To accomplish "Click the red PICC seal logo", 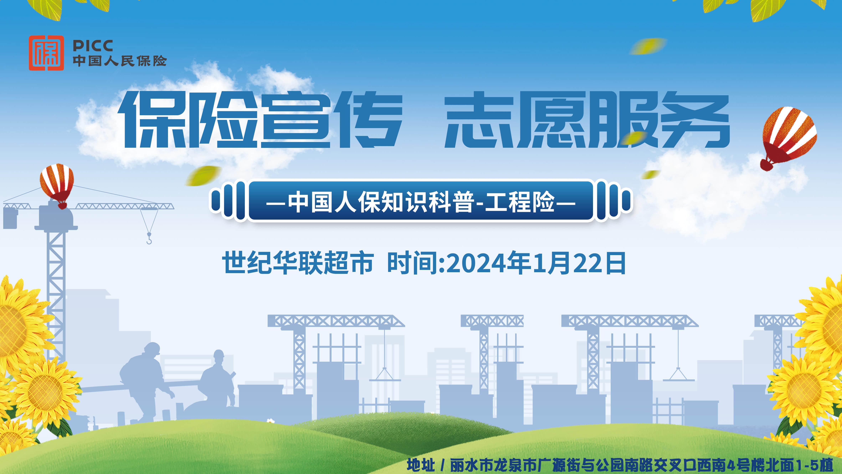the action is click(46, 53).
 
